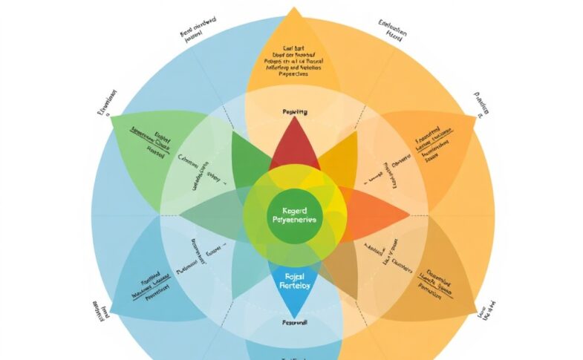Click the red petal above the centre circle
coord(294,145)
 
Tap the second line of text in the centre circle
coord(295,220)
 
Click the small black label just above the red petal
coord(295,112)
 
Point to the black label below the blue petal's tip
coord(294,323)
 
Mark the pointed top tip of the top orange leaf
coord(294,9)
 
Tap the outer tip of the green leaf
coord(114,118)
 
